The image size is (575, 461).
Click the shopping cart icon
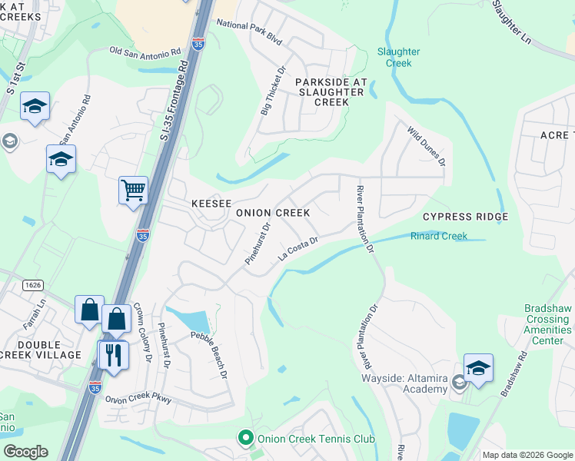click(x=133, y=189)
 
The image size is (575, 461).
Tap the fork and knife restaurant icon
click(x=113, y=355)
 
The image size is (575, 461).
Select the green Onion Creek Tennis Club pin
click(x=246, y=439)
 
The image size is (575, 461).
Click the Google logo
click(x=25, y=452)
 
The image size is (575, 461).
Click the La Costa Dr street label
click(x=298, y=248)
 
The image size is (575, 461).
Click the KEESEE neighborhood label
click(x=211, y=203)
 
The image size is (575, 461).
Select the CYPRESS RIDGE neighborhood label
click(x=465, y=217)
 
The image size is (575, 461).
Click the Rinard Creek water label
click(x=438, y=236)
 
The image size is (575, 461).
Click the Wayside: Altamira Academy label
click(x=404, y=383)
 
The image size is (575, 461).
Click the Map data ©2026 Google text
click(x=527, y=455)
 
